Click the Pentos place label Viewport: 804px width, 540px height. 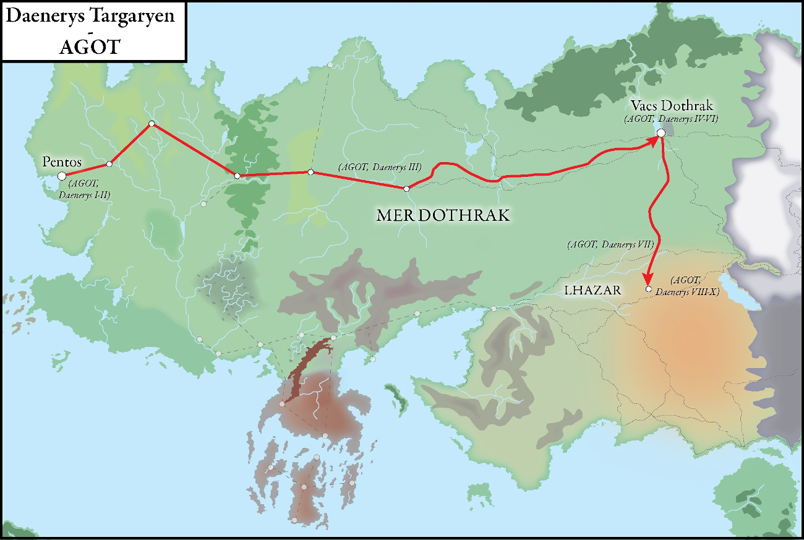pyautogui.click(x=62, y=162)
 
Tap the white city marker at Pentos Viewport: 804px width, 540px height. pyautogui.click(x=62, y=176)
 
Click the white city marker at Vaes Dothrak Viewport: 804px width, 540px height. pyautogui.click(x=661, y=132)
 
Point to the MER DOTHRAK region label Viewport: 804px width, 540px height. pyautogui.click(x=443, y=215)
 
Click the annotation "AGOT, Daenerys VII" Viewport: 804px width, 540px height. pyautogui.click(x=610, y=245)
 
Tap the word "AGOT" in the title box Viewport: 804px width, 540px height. pyautogui.click(x=88, y=47)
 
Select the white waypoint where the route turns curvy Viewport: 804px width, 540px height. pyautogui.click(x=406, y=188)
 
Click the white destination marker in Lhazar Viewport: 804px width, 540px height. pyautogui.click(x=648, y=289)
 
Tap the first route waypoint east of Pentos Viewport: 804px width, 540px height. pyautogui.click(x=109, y=164)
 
